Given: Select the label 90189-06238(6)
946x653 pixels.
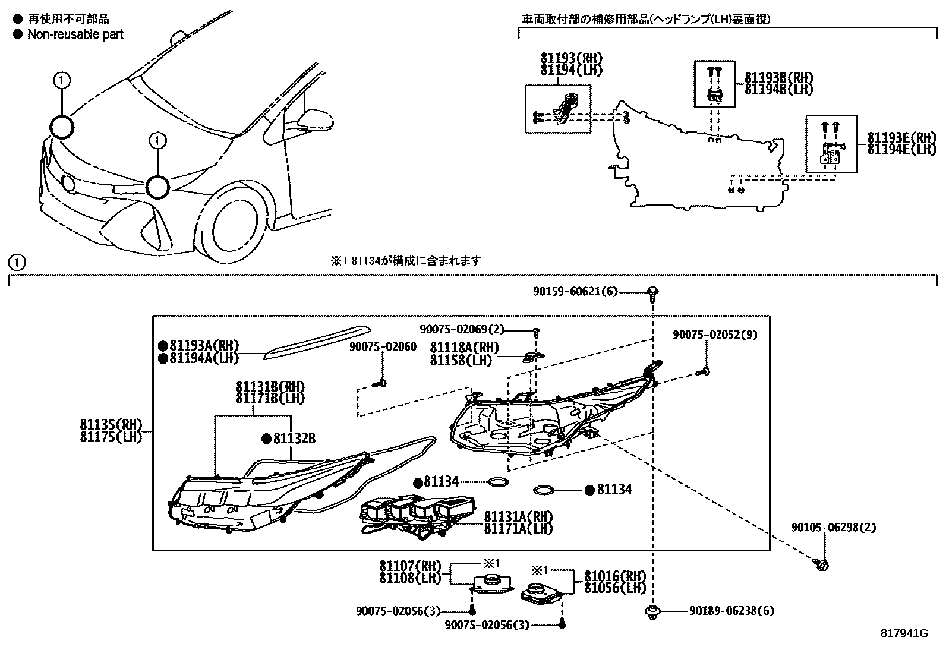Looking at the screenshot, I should [x=731, y=611].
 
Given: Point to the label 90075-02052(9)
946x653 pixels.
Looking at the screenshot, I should [x=715, y=335].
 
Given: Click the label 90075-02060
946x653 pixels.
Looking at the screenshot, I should [x=383, y=346].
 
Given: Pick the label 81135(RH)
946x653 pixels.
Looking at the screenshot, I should [x=111, y=424].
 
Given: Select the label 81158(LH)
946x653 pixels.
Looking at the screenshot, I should [x=461, y=360].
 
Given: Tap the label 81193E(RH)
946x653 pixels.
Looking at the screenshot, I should [x=901, y=137].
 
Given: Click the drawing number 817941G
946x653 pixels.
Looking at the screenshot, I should [x=904, y=633].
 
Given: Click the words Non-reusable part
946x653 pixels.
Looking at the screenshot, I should [x=75, y=34].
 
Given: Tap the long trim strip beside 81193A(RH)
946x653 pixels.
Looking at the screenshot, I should [x=318, y=341].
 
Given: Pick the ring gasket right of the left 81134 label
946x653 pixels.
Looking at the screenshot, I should [x=498, y=482].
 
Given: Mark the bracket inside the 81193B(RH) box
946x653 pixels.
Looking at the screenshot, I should [x=714, y=94].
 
